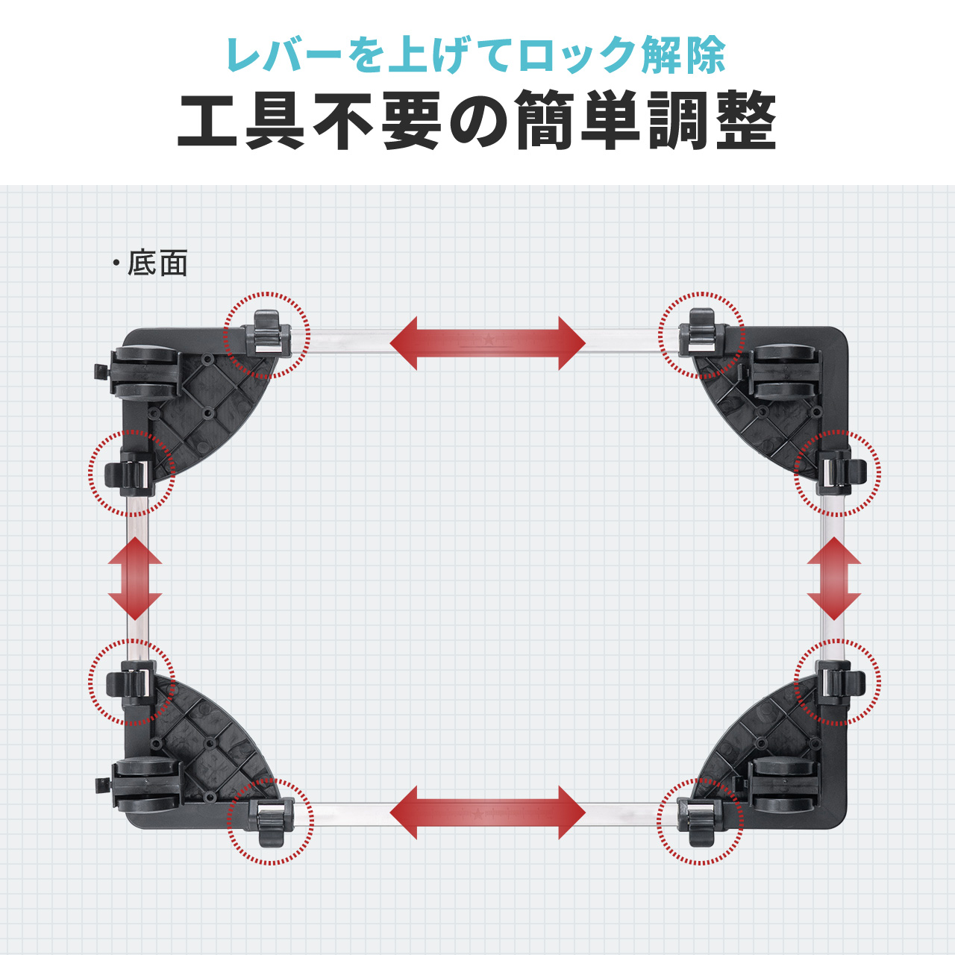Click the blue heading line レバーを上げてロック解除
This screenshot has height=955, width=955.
476,55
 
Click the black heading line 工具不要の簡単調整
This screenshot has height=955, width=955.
477,122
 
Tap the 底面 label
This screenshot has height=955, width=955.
157,263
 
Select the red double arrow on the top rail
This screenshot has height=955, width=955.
487,342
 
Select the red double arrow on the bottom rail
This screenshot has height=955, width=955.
487,812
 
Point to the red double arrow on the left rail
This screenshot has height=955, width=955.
135,578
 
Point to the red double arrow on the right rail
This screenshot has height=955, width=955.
834,578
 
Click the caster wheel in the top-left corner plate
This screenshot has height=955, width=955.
147,373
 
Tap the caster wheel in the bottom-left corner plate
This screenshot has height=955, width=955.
147,785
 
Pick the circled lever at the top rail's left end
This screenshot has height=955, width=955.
267,334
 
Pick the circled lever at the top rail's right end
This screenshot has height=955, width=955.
701,334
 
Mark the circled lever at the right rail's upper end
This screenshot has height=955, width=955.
839,474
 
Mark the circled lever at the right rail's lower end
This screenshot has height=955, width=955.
839,681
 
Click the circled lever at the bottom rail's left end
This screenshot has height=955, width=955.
271,821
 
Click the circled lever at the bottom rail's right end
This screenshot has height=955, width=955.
700,821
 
